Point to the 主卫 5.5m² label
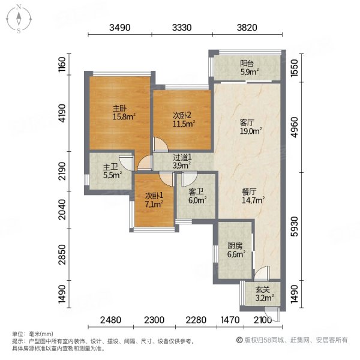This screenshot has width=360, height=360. pos(110,171)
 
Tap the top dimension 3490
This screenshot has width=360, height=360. pos(121,27)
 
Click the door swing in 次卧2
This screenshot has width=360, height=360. pos(160,146)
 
